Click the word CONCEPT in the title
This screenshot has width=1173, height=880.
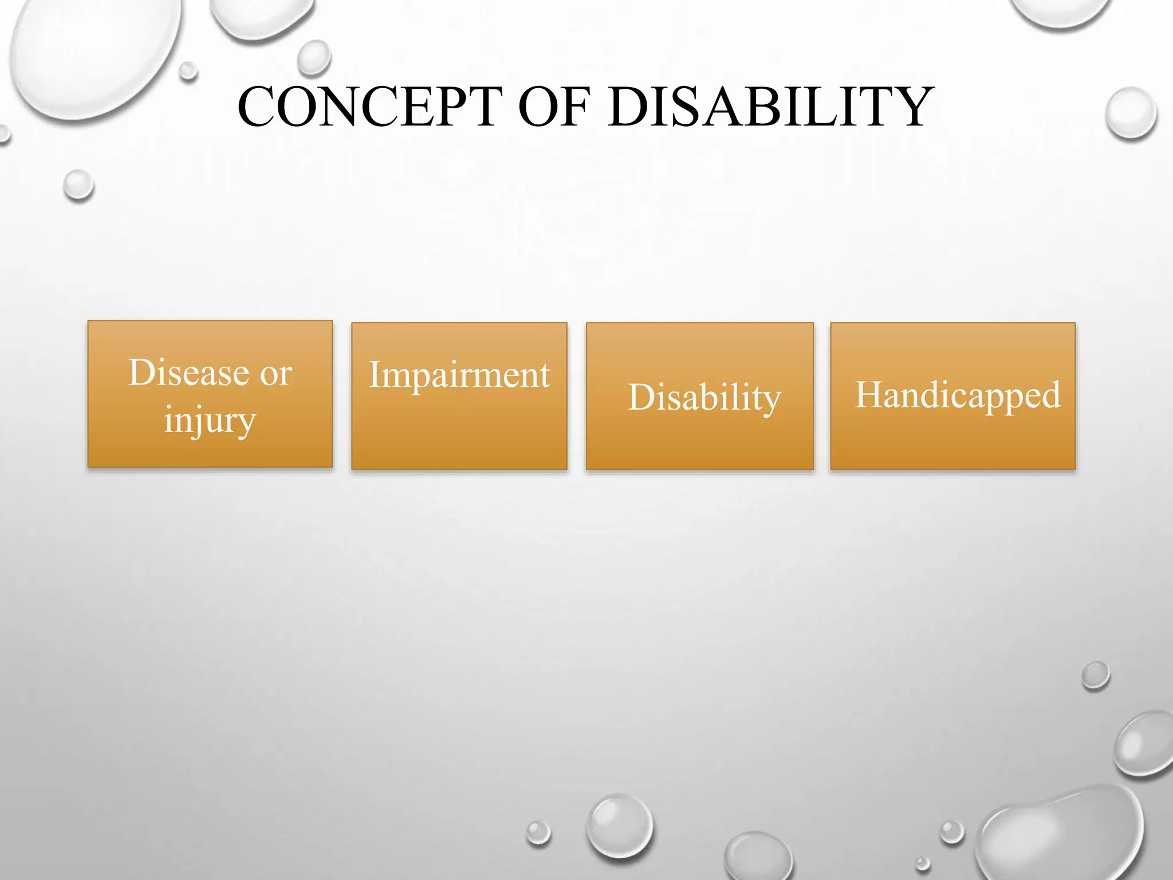369,107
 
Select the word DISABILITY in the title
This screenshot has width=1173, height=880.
771,107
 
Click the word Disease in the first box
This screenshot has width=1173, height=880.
188,373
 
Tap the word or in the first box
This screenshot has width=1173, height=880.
276,374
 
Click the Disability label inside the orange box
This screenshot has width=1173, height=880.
704,397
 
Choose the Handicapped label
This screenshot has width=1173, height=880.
958,395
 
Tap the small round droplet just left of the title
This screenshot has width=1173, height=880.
314,57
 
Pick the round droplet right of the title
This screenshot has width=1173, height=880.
1131,113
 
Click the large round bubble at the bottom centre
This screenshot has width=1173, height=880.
620,826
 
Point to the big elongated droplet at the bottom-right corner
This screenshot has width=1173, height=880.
1060,836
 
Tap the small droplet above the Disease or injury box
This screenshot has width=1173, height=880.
78,185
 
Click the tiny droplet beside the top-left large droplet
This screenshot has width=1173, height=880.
188,71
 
